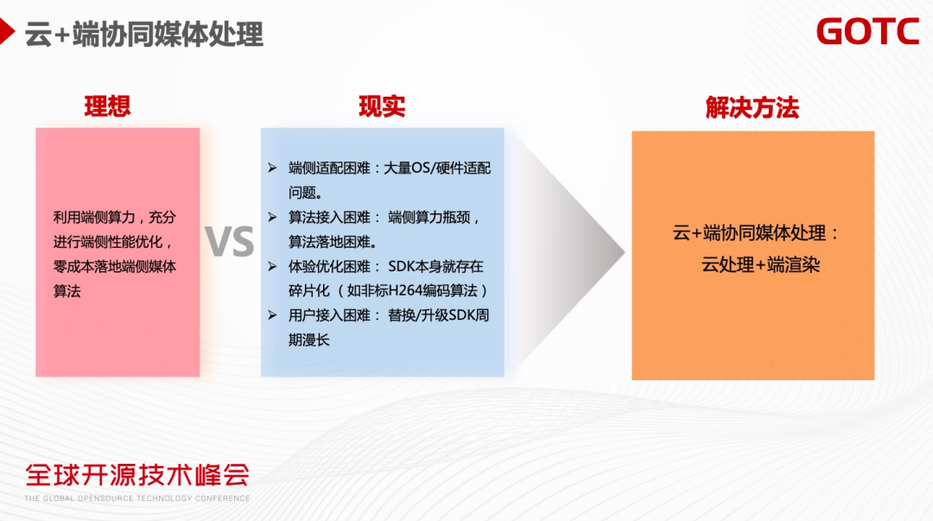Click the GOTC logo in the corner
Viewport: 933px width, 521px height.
tap(867, 31)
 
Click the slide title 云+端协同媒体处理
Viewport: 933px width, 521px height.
tap(144, 34)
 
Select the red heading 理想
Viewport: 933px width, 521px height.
tap(108, 106)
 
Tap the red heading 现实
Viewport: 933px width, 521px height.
tap(382, 106)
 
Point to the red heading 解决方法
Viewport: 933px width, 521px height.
tap(752, 108)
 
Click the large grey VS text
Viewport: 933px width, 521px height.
tap(231, 243)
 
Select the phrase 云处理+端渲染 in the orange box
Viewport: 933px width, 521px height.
tap(760, 265)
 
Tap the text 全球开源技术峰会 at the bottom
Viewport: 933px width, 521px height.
tap(137, 474)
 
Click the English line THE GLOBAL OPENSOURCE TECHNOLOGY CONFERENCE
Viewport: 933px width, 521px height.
tap(137, 499)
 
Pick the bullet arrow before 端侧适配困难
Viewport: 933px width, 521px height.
tap(271, 168)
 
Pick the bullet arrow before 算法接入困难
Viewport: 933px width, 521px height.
tap(271, 217)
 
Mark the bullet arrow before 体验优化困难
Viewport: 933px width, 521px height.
tap(271, 266)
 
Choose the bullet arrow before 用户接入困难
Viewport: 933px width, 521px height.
tap(271, 315)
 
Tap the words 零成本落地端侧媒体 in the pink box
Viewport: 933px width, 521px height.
tap(115, 267)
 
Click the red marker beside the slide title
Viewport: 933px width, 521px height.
tap(7, 33)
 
